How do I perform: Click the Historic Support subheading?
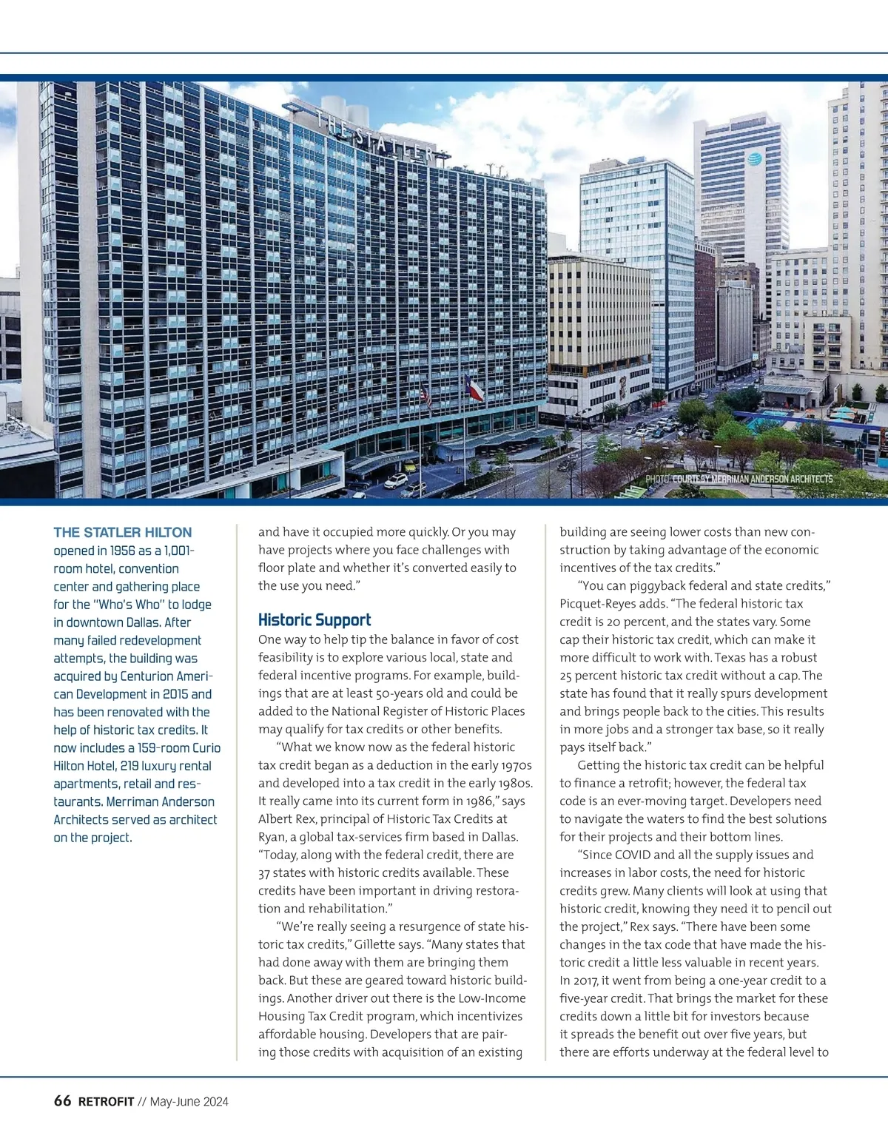[x=314, y=620]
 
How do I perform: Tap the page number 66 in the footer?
[x=62, y=1101]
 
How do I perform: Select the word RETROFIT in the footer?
[x=107, y=1102]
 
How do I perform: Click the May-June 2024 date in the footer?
[x=189, y=1102]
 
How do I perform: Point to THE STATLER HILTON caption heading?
[x=122, y=532]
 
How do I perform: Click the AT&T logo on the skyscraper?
[x=754, y=158]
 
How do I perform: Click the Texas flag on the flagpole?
[x=474, y=387]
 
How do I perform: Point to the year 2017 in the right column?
[x=580, y=981]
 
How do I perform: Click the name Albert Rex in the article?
[x=286, y=818]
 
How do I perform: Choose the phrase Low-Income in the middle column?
[x=492, y=998]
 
